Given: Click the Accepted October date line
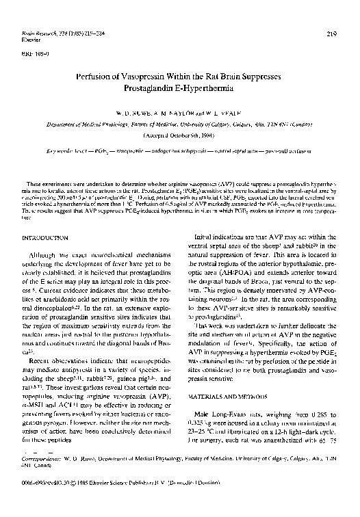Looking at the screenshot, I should tap(179, 136).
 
